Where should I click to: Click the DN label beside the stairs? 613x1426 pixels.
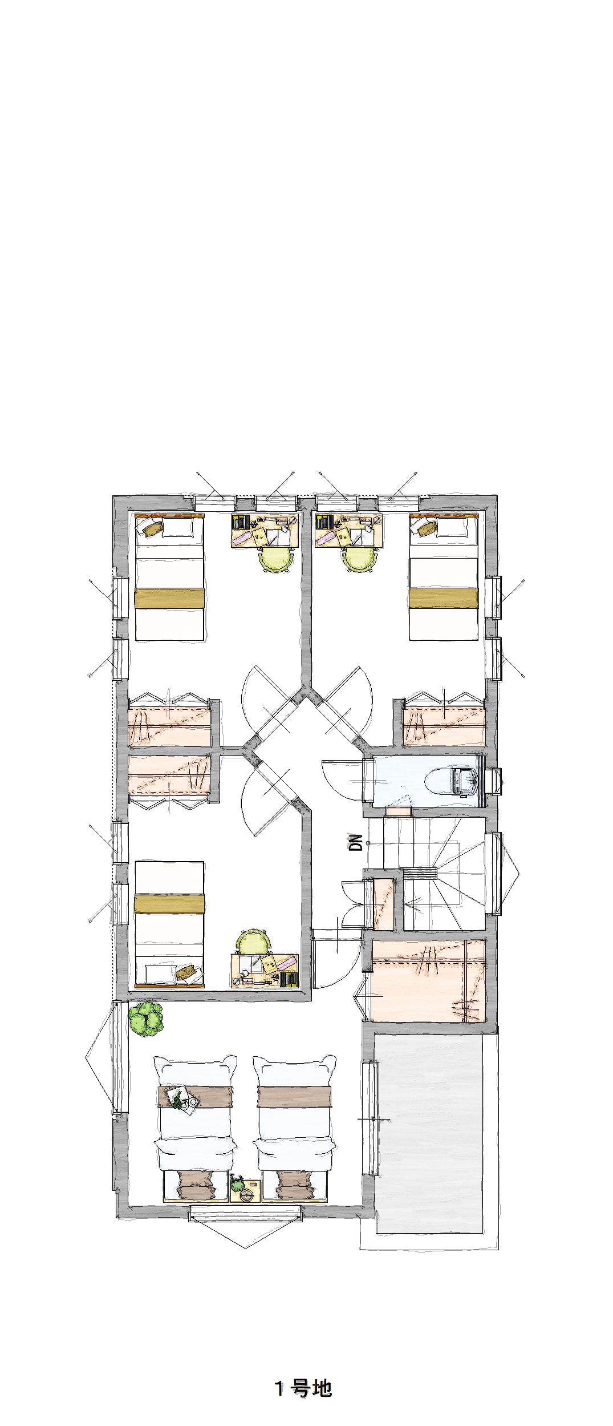tap(356, 842)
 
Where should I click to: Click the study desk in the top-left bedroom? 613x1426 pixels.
tap(265, 531)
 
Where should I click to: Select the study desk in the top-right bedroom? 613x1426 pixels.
tap(349, 531)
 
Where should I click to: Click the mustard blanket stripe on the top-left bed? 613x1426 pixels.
tap(169, 599)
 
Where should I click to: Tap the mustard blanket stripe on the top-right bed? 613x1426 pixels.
tap(444, 599)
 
